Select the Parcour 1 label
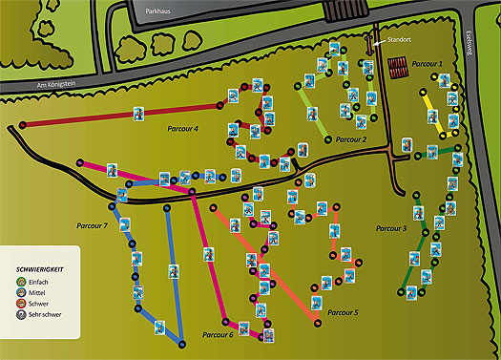tap(428, 63)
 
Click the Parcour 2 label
tap(351, 139)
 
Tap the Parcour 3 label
tap(391, 228)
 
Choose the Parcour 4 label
tap(183, 128)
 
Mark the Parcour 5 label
tap(343, 312)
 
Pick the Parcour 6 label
tap(218, 335)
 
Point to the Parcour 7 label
tap(92, 225)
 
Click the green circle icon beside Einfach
tap(22, 282)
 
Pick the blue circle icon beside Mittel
tap(22, 293)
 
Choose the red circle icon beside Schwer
tap(22, 305)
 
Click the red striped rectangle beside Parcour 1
tap(398, 66)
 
